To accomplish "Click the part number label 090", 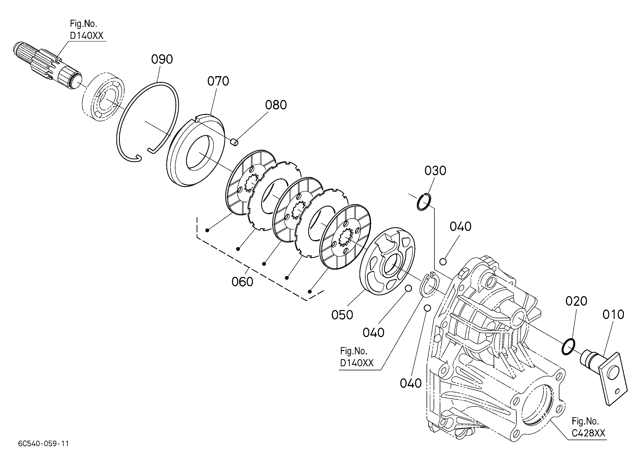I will coord(162,59).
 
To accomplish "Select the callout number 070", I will coord(218,81).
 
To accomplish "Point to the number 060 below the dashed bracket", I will coord(242,282).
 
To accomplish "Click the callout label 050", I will coord(342,315).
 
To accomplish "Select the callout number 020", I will coord(576,301).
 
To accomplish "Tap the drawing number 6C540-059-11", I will coord(43,443).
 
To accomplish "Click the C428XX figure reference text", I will coord(588,433).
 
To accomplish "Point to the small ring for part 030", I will coord(424,202).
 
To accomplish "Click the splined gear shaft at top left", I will coord(45,65).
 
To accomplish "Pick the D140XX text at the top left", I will coord(86,36).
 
